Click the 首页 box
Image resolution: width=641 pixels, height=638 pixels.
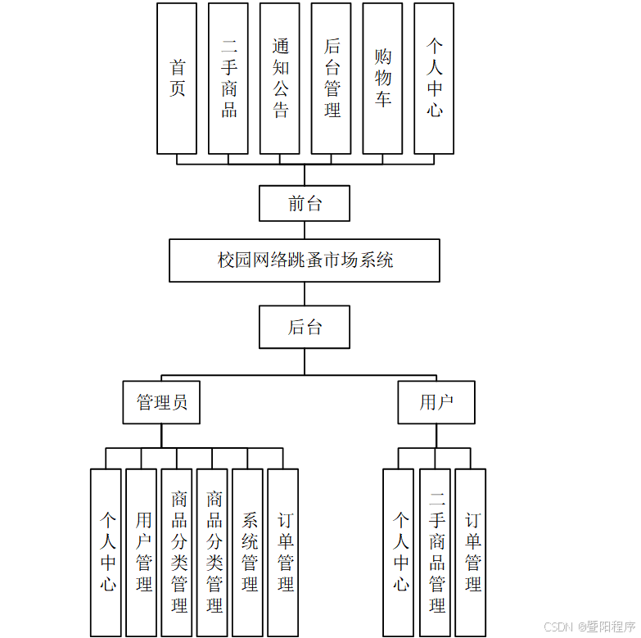pyautogui.click(x=177, y=79)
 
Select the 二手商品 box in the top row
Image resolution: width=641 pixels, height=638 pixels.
pyautogui.click(x=228, y=79)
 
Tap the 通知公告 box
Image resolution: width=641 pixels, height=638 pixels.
pyautogui.click(x=280, y=79)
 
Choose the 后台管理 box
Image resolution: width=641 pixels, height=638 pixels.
pyautogui.click(x=332, y=79)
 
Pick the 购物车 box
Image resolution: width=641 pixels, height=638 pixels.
pyautogui.click(x=382, y=79)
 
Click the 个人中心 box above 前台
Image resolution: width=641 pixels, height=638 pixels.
pyautogui.click(x=434, y=79)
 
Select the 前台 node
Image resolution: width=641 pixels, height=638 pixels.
pyautogui.click(x=305, y=203)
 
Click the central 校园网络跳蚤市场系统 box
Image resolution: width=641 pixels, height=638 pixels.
pyautogui.click(x=305, y=260)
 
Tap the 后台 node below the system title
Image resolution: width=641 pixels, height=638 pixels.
pyautogui.click(x=305, y=328)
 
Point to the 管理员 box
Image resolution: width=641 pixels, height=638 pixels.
pyautogui.click(x=161, y=402)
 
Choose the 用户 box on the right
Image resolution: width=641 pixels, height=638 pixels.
pyautogui.click(x=436, y=402)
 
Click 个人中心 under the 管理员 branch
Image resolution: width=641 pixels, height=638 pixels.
pyautogui.click(x=106, y=552)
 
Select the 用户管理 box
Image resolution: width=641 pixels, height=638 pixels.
pyautogui.click(x=142, y=552)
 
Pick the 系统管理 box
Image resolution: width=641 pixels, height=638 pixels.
pyautogui.click(x=248, y=552)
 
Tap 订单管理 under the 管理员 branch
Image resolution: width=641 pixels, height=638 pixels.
pyautogui.click(x=283, y=552)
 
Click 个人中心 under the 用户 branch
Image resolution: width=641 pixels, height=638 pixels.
pyautogui.click(x=399, y=552)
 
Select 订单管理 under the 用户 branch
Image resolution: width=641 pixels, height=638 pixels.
pyautogui.click(x=471, y=552)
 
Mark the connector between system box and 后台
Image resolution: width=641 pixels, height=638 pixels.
pyautogui.click(x=305, y=294)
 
